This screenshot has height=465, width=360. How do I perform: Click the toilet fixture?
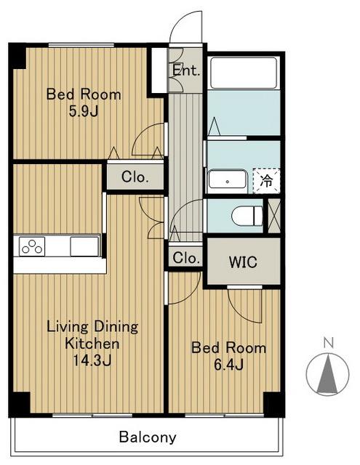[247, 216]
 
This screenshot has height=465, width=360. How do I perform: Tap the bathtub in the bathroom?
[244, 73]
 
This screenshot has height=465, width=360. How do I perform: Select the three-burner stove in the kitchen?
[32, 246]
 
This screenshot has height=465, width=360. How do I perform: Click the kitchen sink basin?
[84, 246]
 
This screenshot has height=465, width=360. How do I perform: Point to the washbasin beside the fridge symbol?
[228, 181]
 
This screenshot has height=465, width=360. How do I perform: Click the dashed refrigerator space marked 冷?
[266, 181]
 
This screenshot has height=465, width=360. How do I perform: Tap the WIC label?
[243, 262]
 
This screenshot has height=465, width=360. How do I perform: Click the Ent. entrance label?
[186, 70]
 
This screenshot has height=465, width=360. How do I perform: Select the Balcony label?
[148, 437]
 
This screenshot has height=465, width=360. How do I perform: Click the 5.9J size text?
[84, 111]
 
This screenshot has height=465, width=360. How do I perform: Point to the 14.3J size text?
[92, 360]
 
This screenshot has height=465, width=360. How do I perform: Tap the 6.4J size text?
[229, 365]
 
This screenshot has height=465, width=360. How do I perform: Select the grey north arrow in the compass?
[328, 373]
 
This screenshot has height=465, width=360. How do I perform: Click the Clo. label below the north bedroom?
[135, 177]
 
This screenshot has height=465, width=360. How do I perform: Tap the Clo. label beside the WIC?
[186, 258]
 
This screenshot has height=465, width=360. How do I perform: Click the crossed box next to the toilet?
[274, 216]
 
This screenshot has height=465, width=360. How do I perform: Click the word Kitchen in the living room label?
[92, 344]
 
